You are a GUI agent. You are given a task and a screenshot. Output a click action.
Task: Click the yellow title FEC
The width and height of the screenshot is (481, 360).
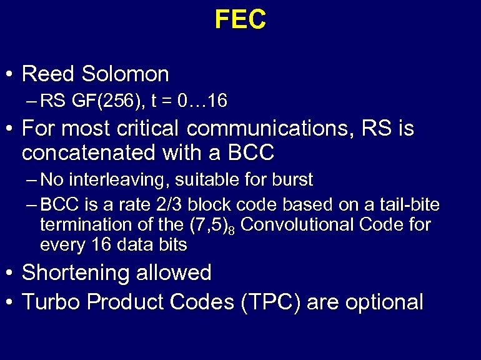click(241, 20)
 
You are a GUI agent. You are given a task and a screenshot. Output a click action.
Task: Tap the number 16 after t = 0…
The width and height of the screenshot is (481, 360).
click(217, 100)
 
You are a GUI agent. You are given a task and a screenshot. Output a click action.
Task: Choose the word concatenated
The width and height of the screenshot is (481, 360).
click(84, 152)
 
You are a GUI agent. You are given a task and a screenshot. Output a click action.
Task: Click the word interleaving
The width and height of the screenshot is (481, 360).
click(117, 181)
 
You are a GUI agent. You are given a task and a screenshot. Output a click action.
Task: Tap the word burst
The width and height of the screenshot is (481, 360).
click(291, 181)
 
